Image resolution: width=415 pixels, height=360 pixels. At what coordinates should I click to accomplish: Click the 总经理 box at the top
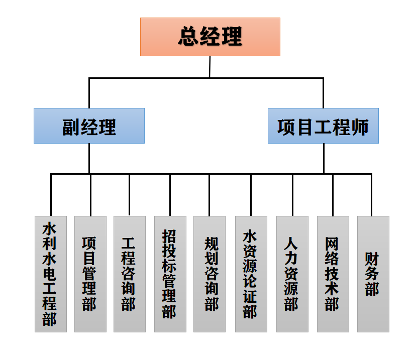pyautogui.click(x=210, y=37)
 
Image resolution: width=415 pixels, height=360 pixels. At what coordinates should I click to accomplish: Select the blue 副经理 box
pyautogui.click(x=89, y=126)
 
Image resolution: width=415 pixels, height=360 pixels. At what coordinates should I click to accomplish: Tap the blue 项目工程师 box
pyautogui.click(x=323, y=126)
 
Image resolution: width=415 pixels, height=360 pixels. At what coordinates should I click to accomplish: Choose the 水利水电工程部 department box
pyautogui.click(x=50, y=274)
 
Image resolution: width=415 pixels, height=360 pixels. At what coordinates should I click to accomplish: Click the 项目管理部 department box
pyautogui.click(x=90, y=274)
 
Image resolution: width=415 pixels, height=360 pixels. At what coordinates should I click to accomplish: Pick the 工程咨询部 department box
pyautogui.click(x=130, y=274)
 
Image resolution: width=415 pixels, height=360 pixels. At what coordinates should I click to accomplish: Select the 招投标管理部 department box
pyautogui.click(x=170, y=274)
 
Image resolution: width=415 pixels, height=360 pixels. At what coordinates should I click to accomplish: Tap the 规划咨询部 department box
pyautogui.click(x=210, y=274)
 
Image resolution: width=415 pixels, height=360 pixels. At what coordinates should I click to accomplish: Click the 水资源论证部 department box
pyautogui.click(x=251, y=274)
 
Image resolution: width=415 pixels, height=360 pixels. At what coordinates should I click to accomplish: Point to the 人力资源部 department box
pyautogui.click(x=292, y=274)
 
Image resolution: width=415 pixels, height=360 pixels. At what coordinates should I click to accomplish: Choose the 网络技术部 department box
pyautogui.click(x=333, y=274)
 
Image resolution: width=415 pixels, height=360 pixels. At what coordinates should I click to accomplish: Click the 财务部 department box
pyautogui.click(x=373, y=274)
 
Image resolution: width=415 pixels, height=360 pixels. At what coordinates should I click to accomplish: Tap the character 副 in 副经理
pyautogui.click(x=70, y=127)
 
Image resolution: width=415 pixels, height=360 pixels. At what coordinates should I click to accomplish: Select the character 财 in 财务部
pyautogui.click(x=372, y=259)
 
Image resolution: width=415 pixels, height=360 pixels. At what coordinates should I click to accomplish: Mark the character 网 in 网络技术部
pyautogui.click(x=332, y=245)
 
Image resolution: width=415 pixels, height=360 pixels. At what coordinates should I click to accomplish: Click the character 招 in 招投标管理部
pyautogui.click(x=169, y=236)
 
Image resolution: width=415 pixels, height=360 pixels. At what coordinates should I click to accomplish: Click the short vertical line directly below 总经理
pyautogui.click(x=210, y=67)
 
